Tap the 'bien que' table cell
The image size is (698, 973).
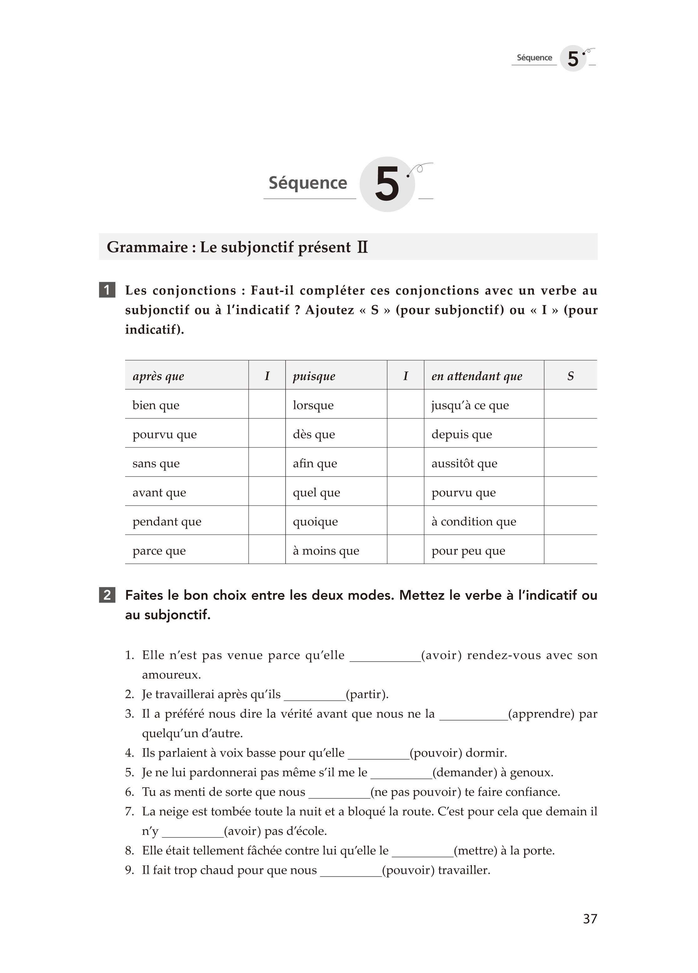156,405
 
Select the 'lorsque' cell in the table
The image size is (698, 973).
313,405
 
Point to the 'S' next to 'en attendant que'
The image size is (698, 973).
570,376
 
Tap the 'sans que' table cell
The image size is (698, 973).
156,463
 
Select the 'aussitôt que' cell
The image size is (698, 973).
464,463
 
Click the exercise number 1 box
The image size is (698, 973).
107,290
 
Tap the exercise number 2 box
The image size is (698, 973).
107,595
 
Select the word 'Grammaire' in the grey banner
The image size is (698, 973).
147,247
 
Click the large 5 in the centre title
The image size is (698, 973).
387,184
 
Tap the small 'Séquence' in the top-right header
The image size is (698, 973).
534,58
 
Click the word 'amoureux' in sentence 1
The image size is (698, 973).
171,675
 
